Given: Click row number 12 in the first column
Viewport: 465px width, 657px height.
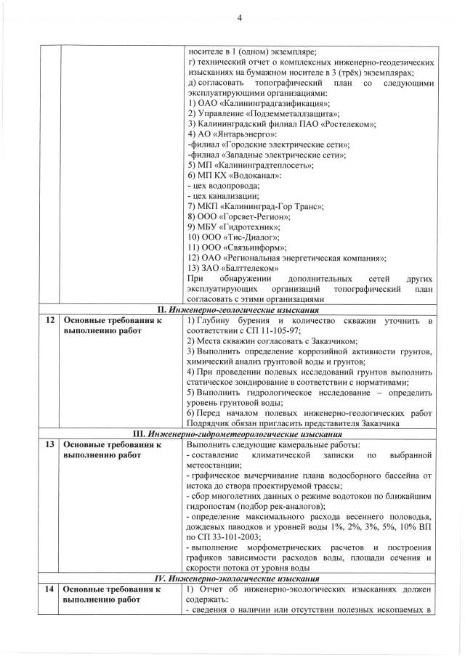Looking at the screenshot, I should pos(49,320).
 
